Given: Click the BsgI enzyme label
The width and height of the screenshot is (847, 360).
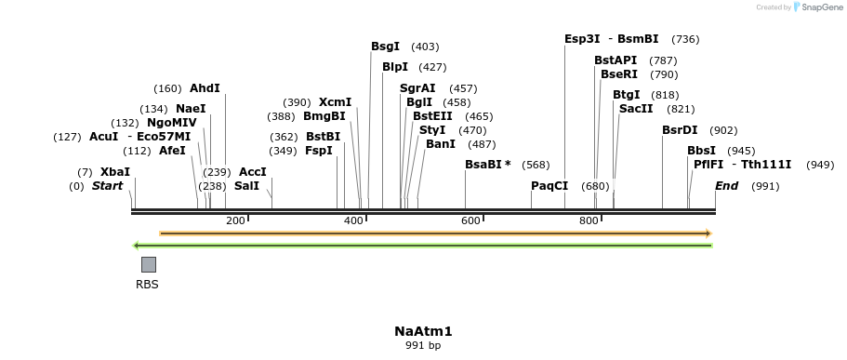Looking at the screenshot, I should pyautogui.click(x=385, y=47).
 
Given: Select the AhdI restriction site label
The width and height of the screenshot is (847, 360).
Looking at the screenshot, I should pyautogui.click(x=205, y=88).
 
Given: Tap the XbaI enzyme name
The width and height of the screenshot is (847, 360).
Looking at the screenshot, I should pyautogui.click(x=115, y=172).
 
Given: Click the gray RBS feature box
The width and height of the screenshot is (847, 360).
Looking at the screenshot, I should pyautogui.click(x=148, y=264).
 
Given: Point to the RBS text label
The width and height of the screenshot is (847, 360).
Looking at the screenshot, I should pyautogui.click(x=147, y=285).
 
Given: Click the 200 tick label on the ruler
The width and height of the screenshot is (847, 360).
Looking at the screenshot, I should pyautogui.click(x=235, y=220).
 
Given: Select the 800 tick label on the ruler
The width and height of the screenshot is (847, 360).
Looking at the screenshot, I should pyautogui.click(x=589, y=220).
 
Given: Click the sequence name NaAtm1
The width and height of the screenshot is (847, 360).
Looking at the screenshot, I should pyautogui.click(x=423, y=331).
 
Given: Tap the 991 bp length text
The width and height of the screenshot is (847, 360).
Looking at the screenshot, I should pyautogui.click(x=423, y=346).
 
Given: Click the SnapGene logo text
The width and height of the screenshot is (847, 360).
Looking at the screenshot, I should pyautogui.click(x=822, y=7).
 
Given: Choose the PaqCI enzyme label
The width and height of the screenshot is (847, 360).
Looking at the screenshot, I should pyautogui.click(x=549, y=186).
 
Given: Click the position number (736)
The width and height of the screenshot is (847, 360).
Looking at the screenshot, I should pyautogui.click(x=685, y=39).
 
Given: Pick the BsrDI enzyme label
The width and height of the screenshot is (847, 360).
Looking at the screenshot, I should pyautogui.click(x=680, y=130).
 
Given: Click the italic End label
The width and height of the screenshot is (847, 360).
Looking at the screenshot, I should pyautogui.click(x=726, y=186).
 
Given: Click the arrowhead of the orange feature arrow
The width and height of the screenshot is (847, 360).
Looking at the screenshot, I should pyautogui.click(x=708, y=233).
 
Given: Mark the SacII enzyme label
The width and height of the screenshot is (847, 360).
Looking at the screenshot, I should pyautogui.click(x=636, y=109).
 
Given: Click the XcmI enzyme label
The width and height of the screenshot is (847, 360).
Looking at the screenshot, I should pyautogui.click(x=335, y=102).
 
